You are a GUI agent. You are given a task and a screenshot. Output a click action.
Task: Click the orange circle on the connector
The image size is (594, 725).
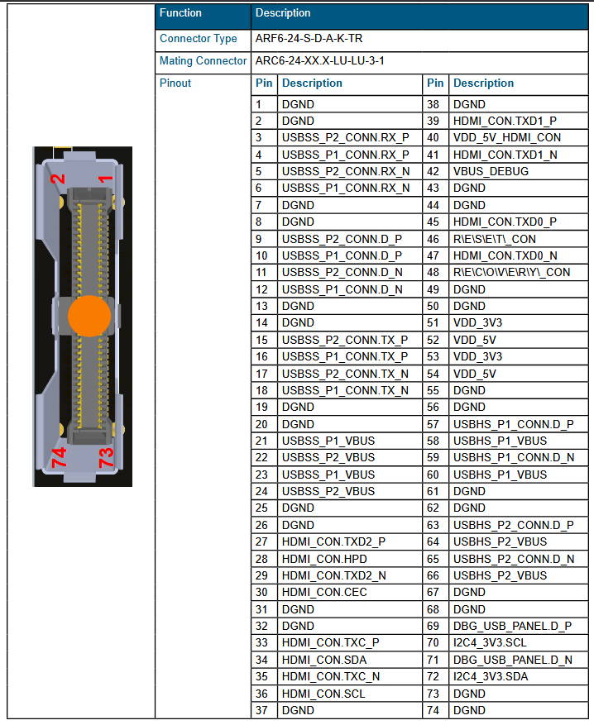(89, 317)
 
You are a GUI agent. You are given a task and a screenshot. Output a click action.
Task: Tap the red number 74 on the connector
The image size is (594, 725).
(59, 457)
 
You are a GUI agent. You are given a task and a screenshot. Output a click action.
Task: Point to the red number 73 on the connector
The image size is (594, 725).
(106, 457)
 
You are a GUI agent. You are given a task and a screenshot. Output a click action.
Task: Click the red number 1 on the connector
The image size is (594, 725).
(106, 179)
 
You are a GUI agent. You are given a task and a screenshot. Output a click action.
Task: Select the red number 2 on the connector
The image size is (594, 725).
(58, 179)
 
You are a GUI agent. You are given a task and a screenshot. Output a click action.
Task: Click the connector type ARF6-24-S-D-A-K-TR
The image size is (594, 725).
(309, 38)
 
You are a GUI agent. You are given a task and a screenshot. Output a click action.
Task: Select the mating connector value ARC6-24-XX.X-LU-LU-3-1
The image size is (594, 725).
(319, 60)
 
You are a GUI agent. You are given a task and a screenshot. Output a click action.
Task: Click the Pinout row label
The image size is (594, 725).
(175, 83)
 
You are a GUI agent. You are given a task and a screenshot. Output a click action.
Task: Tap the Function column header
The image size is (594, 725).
(180, 13)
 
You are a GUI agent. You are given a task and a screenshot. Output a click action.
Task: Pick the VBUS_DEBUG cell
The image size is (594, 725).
(491, 172)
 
